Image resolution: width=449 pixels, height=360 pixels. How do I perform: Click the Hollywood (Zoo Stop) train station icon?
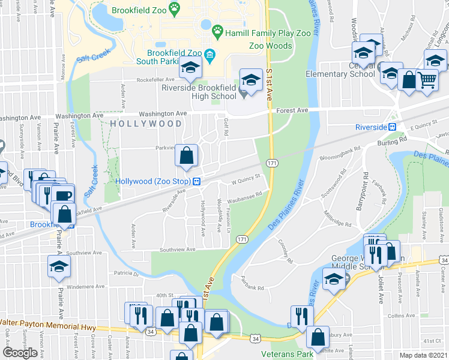[x=196, y=181]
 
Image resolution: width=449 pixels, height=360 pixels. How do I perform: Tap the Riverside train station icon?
[x=392, y=127]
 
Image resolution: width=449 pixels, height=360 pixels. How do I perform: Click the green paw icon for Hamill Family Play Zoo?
[x=217, y=30]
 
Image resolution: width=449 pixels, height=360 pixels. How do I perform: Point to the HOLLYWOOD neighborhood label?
[x=146, y=124]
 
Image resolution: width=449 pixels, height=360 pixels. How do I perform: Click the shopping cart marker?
[x=426, y=79]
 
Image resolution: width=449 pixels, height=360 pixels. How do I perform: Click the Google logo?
[x=20, y=353]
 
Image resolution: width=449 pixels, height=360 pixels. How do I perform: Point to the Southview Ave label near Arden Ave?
[x=178, y=249]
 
